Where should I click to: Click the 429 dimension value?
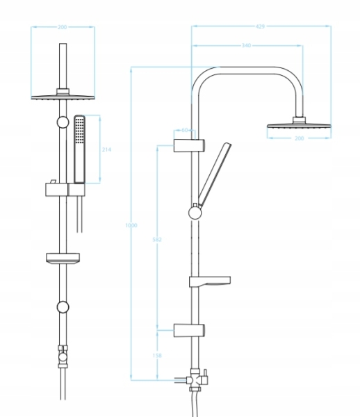tap(260, 26)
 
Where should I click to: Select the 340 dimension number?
tap(246, 45)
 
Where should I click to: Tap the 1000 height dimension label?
tap(131, 225)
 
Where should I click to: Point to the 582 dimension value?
tap(157, 239)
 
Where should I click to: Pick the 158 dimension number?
tap(157, 355)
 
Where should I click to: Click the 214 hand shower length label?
tap(106, 149)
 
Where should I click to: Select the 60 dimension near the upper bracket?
tap(185, 130)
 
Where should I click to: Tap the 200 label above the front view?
tap(63, 27)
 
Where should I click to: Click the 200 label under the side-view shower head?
tap(299, 138)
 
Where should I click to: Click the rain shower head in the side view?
tap(299, 125)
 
